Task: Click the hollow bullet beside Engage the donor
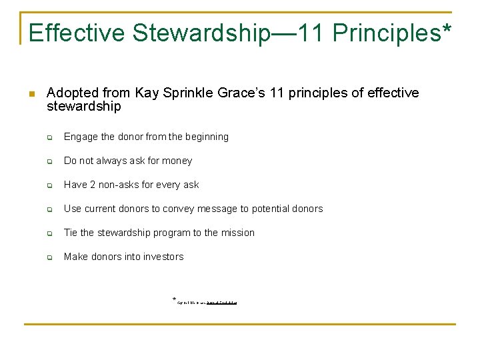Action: [x=49, y=137]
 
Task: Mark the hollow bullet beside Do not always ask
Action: [x=49, y=161]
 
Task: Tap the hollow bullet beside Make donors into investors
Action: [x=49, y=257]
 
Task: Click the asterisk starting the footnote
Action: [x=175, y=300]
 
